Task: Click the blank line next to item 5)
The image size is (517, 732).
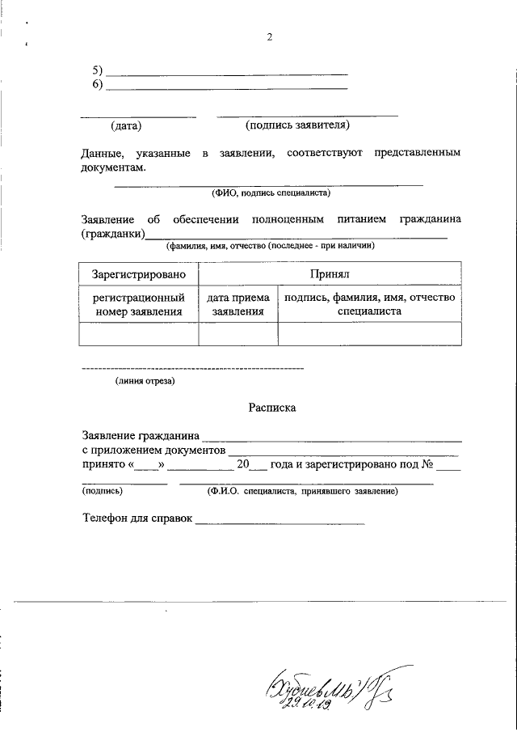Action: pyautogui.click(x=227, y=73)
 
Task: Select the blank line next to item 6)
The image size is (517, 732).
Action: pyautogui.click(x=227, y=87)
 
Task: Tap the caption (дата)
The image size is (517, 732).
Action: pyautogui.click(x=126, y=126)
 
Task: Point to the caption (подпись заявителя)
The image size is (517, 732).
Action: pyautogui.click(x=297, y=126)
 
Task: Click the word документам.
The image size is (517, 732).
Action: pyautogui.click(x=113, y=167)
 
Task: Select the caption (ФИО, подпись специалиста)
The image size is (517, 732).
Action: pyautogui.click(x=271, y=193)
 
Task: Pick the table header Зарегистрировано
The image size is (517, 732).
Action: pyautogui.click(x=139, y=276)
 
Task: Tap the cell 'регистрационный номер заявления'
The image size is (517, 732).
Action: pyautogui.click(x=139, y=304)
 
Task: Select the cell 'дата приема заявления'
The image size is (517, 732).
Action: pyautogui.click(x=238, y=304)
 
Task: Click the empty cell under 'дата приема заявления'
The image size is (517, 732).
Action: pyautogui.click(x=238, y=333)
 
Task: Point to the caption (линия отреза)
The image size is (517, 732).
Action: pyautogui.click(x=144, y=380)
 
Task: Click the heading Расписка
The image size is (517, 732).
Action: pyautogui.click(x=271, y=408)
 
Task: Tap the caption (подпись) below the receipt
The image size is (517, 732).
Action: pyautogui.click(x=102, y=491)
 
